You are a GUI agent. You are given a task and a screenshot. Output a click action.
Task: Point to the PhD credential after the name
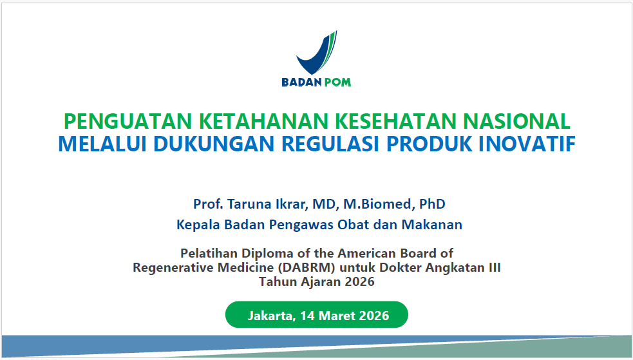click(x=432, y=204)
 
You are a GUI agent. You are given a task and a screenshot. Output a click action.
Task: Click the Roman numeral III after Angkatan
click(x=492, y=267)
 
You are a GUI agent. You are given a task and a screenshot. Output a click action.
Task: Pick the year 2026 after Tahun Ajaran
click(x=359, y=281)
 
